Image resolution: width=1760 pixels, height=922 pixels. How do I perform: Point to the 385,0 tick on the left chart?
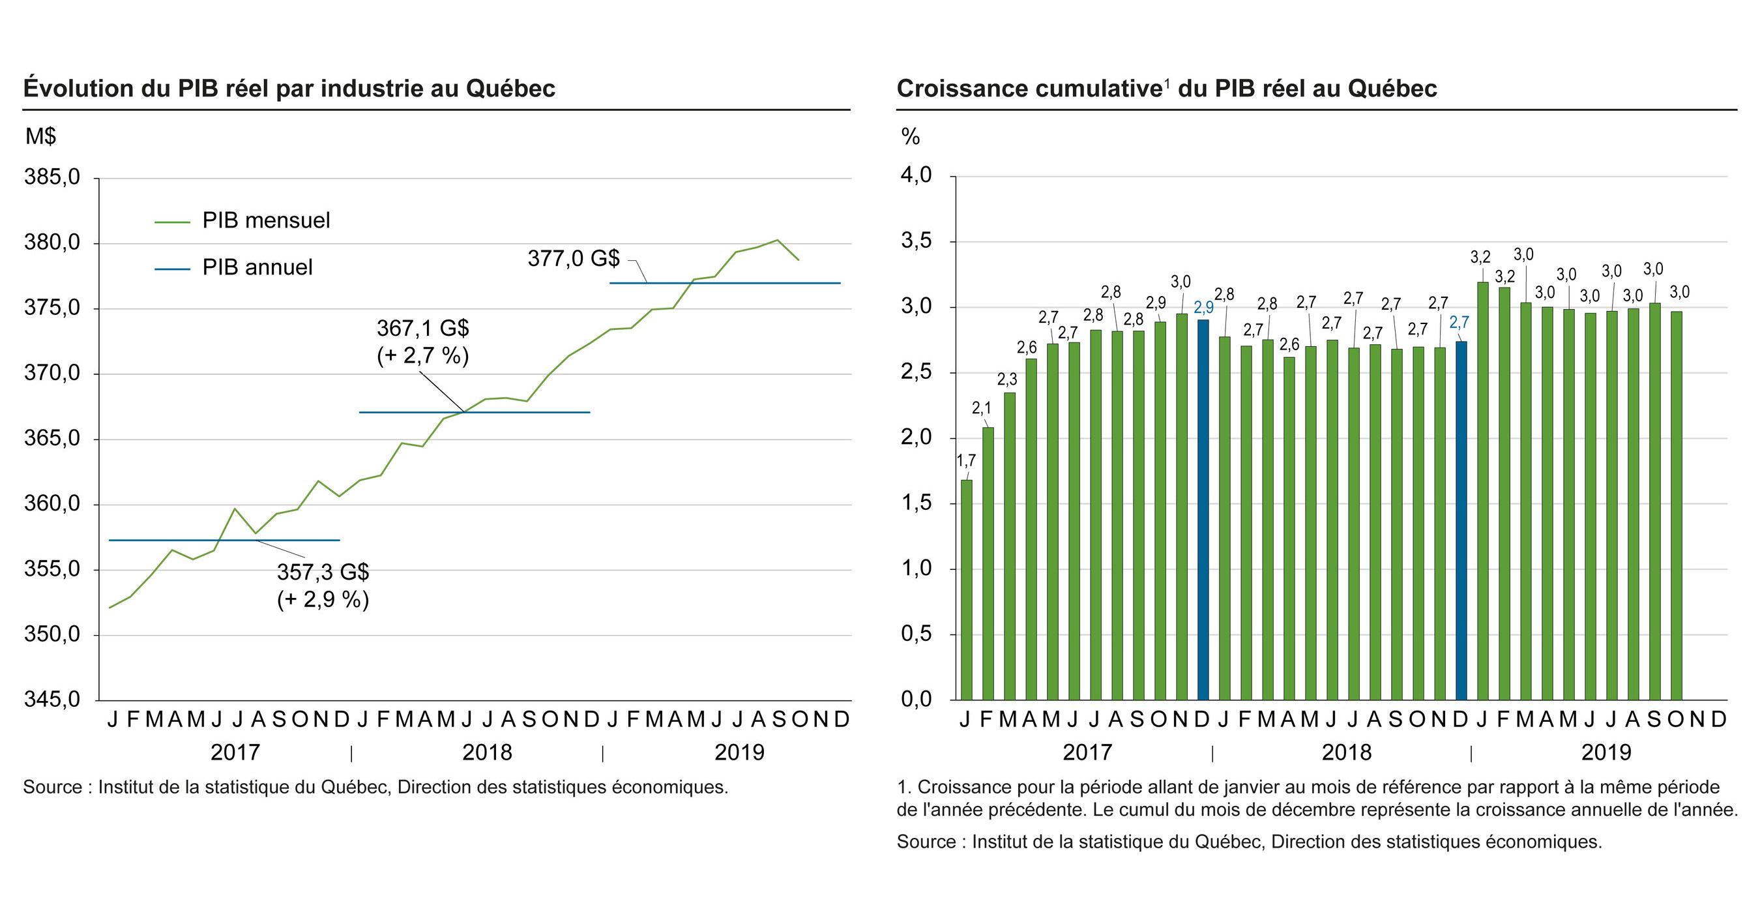coord(52,177)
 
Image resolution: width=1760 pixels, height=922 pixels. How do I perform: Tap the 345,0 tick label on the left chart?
coord(52,699)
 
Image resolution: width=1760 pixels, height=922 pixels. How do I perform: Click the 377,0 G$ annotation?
coord(573,258)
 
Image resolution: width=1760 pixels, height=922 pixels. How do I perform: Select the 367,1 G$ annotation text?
coord(423,329)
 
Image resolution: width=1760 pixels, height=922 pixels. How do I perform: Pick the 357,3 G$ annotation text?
coord(323,572)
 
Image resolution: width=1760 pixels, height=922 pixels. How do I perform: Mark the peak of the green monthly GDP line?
coord(778,240)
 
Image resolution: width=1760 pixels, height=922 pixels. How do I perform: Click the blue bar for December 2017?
coord(1203,509)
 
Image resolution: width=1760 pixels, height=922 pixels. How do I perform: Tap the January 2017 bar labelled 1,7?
coord(966,589)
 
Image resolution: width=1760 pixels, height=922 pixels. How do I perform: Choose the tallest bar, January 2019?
coord(1482,491)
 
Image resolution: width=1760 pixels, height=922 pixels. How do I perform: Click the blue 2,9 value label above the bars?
coord(1204,308)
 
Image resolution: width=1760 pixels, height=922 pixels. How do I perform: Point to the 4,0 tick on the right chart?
coord(917,175)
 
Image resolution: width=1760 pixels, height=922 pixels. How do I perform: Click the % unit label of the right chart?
coord(911,137)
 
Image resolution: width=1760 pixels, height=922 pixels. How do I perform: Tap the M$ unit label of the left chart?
coord(40,136)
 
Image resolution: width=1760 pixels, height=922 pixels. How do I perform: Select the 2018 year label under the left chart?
coord(486,752)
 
